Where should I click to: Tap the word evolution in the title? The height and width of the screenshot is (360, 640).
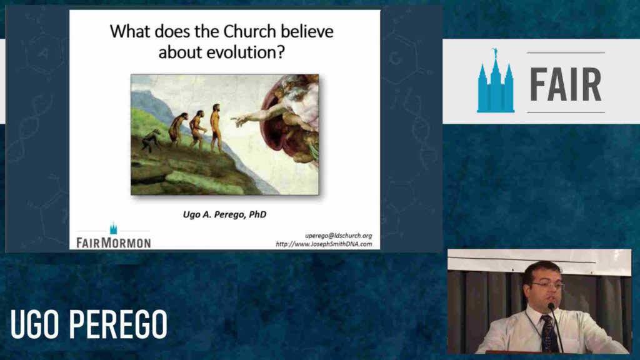coord(239,52)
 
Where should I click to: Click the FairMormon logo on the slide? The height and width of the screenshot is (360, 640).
coord(113,237)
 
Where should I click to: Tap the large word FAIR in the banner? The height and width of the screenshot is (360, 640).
coord(566,83)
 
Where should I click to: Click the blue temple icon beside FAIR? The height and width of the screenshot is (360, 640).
coord(495,82)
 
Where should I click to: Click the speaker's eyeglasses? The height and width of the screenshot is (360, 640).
coord(548,286)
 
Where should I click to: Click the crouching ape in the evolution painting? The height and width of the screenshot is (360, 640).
coord(150,140)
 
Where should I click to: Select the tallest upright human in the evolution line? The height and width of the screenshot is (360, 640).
coord(216,127)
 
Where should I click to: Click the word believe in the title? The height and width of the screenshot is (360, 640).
coord(306,31)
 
